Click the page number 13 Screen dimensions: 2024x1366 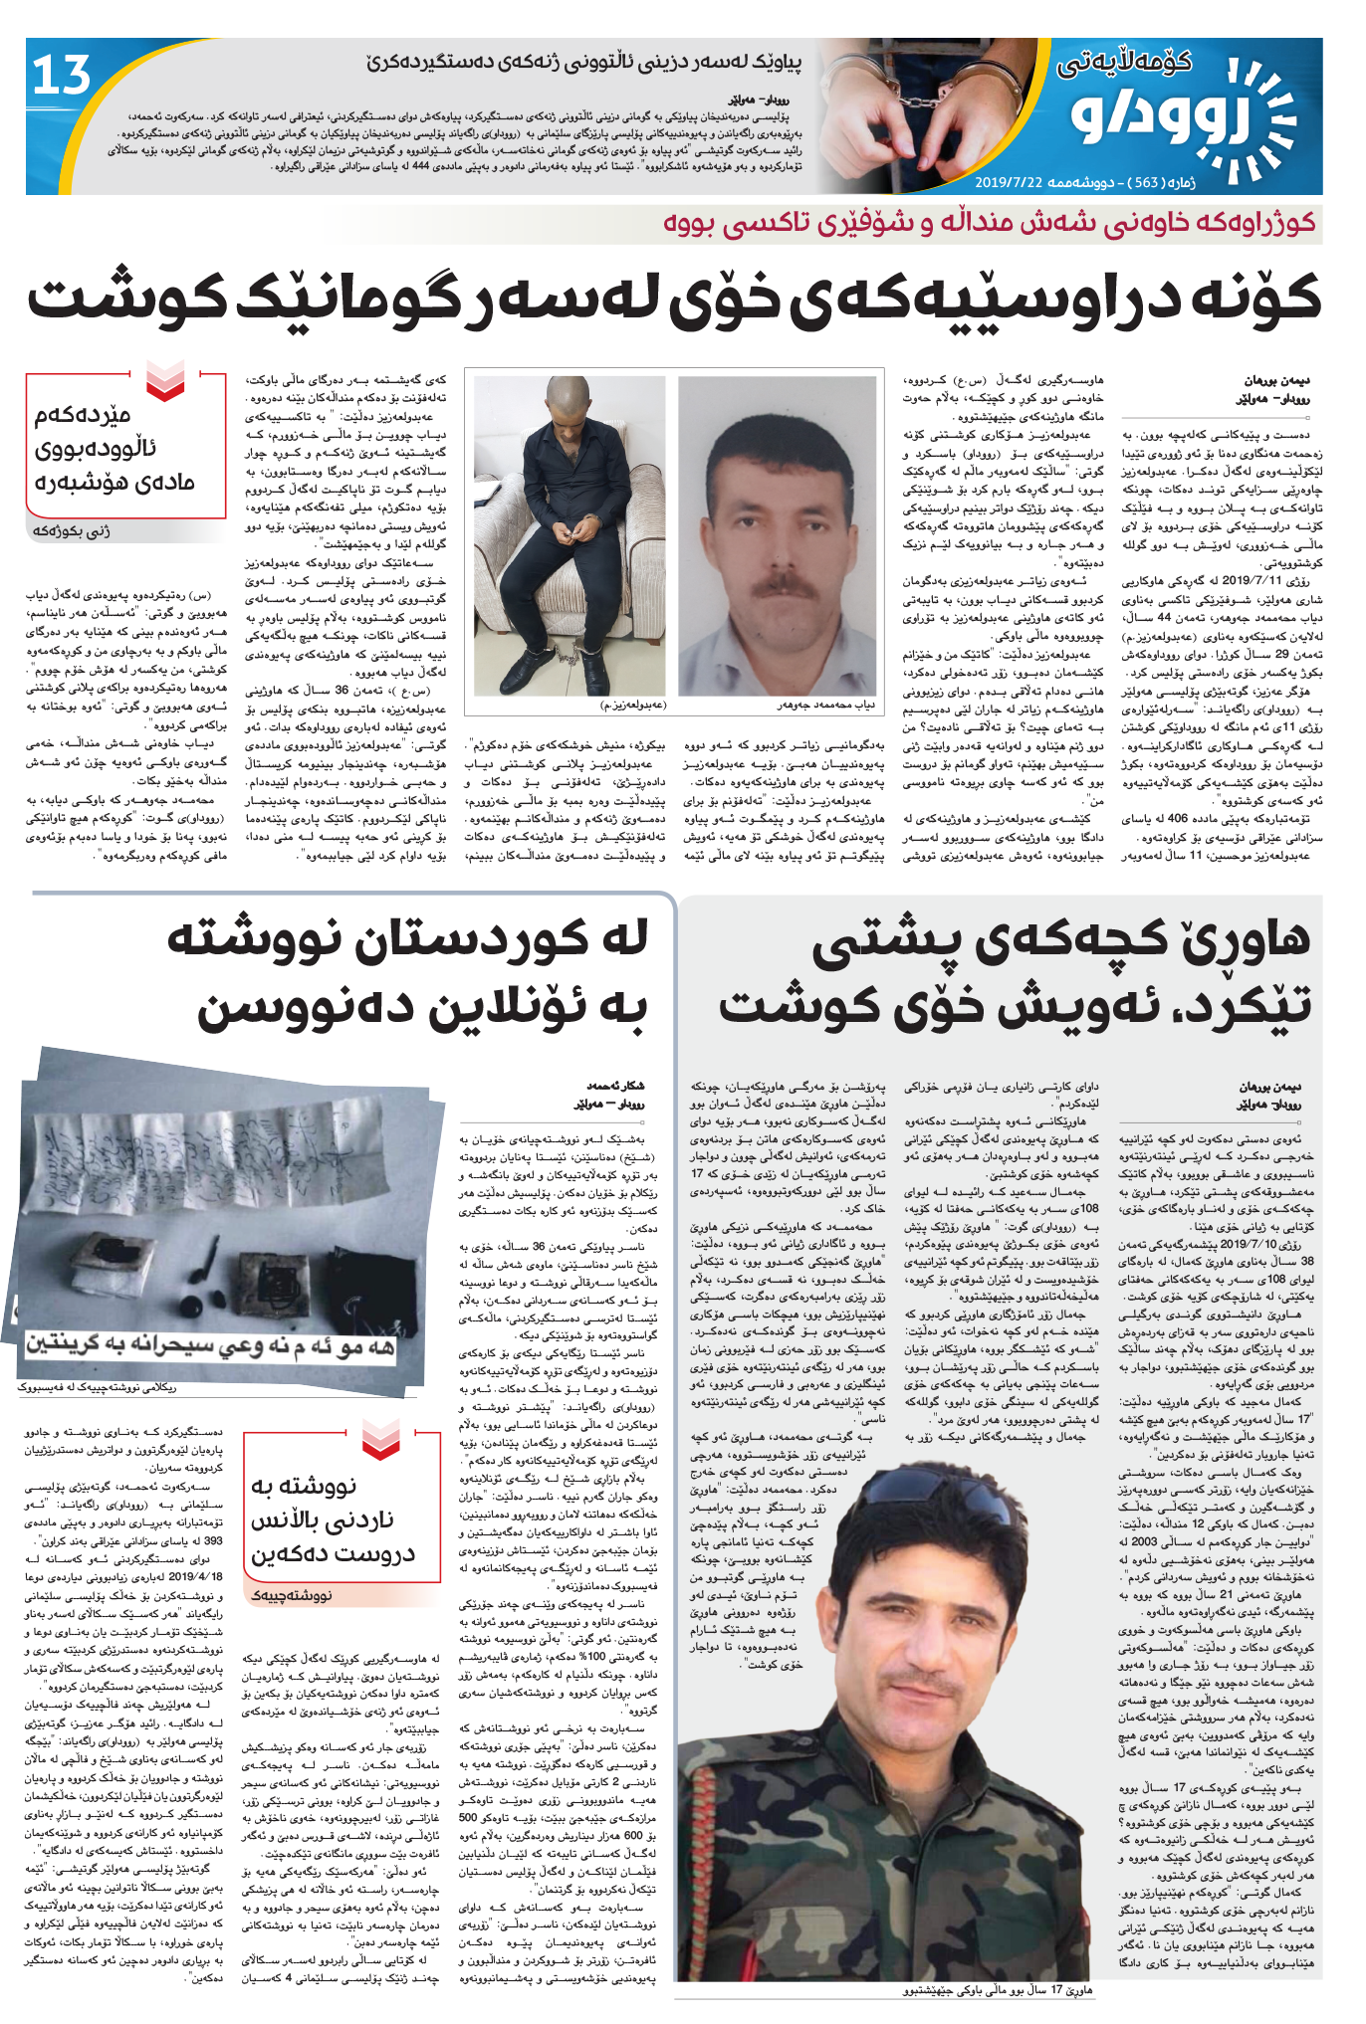[62, 77]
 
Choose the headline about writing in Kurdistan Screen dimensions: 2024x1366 [408, 975]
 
